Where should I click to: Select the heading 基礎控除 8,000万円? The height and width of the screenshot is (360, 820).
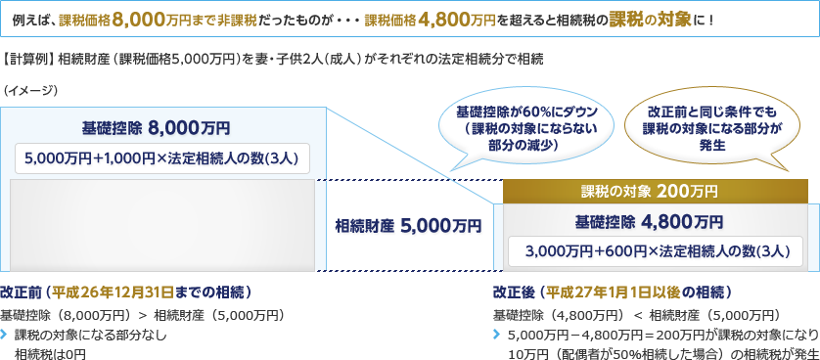coord(156,127)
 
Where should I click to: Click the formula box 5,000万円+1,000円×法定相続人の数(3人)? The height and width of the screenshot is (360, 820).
coord(162,157)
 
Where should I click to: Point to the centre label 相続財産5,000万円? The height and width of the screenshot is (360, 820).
coord(408,226)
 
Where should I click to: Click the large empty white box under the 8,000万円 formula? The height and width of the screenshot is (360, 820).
coord(162,224)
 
